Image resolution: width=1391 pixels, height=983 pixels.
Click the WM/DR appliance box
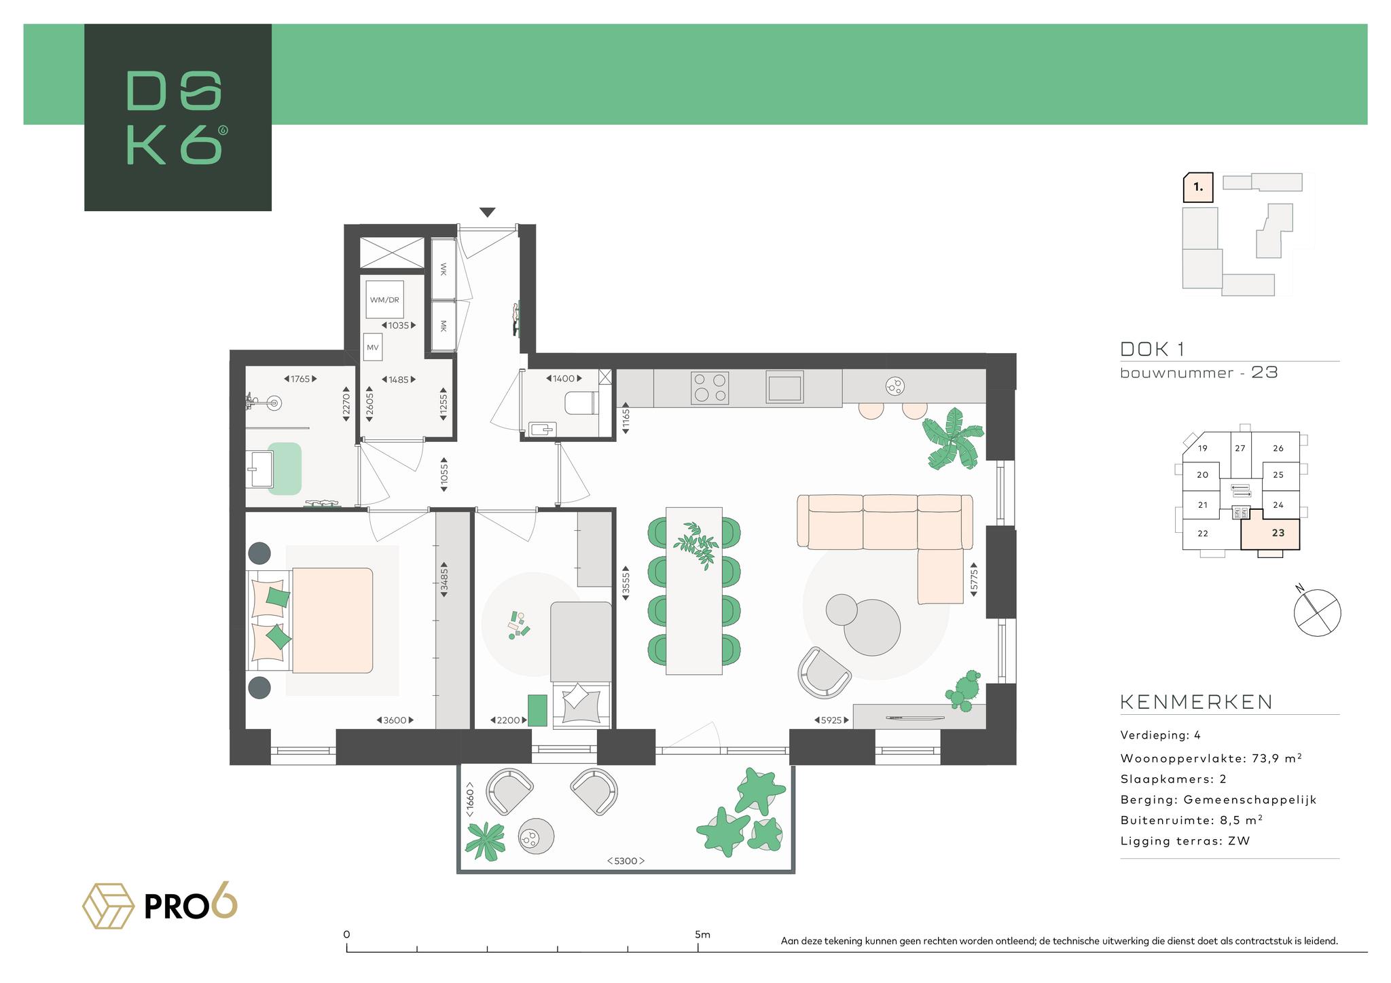(384, 299)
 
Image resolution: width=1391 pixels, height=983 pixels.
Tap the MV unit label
(372, 347)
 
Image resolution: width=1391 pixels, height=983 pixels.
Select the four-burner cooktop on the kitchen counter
(710, 387)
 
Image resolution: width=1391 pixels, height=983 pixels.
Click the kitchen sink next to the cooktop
(784, 386)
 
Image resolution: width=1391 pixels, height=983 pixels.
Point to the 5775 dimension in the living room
(974, 579)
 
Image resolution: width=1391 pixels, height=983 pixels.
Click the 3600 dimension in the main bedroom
(395, 720)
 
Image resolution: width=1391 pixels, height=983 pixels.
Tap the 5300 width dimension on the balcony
(626, 861)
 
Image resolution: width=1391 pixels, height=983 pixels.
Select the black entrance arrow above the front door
(487, 212)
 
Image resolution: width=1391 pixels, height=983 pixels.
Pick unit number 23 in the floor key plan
(1278, 533)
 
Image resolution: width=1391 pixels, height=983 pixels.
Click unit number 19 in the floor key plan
(1203, 448)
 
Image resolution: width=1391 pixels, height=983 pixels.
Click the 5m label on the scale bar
(702, 934)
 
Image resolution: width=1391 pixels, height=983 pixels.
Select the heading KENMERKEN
(1196, 702)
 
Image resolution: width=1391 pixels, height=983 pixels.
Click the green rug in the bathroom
(285, 468)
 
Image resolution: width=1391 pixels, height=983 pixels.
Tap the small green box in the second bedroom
(537, 710)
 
